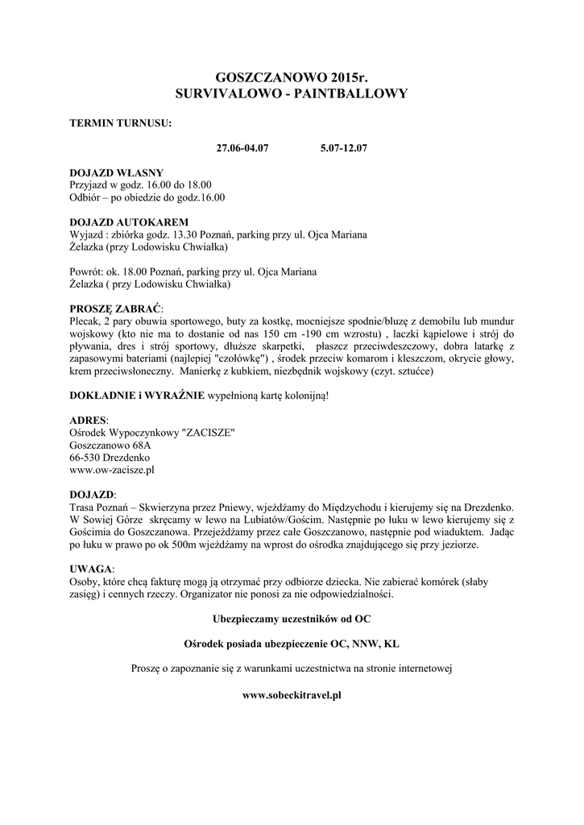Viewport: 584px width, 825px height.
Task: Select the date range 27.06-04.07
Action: (242, 149)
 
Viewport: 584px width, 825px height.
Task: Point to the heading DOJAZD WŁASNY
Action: (117, 172)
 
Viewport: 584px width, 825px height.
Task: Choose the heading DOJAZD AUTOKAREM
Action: (130, 222)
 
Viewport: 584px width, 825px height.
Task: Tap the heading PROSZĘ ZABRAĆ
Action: (116, 309)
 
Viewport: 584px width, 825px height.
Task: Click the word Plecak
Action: (86, 321)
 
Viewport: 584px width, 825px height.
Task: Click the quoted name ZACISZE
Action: (209, 433)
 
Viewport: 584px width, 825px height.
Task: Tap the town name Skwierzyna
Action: (170, 507)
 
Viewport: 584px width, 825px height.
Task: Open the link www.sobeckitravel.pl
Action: (292, 693)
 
